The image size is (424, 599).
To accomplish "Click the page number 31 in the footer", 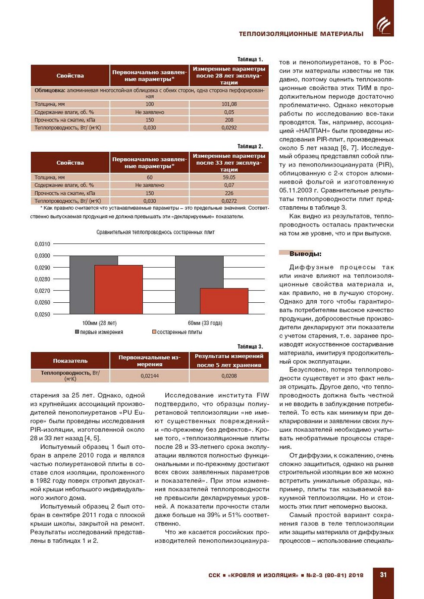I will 383,575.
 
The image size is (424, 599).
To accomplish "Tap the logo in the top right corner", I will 383,24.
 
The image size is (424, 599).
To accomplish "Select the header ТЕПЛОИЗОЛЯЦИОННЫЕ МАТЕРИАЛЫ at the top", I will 301,34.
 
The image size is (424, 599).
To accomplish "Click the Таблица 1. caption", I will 250,59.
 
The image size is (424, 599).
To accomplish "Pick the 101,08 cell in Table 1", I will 229,104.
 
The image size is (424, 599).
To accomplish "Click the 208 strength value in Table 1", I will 229,120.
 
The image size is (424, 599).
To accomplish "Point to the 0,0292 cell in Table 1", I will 229,128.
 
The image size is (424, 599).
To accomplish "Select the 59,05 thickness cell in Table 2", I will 229,177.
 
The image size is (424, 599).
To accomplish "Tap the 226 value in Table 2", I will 229,193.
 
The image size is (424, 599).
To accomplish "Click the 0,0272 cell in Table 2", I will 229,201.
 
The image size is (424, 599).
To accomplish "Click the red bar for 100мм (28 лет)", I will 119,289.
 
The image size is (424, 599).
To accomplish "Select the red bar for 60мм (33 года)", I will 224,301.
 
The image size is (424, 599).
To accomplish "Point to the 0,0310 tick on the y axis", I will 42,244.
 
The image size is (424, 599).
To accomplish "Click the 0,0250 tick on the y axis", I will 42,314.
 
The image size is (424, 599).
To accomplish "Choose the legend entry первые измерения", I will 99,332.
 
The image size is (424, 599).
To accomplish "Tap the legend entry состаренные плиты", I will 177,332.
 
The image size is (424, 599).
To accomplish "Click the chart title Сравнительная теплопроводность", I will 155,232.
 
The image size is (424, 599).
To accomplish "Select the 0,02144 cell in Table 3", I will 150,376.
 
